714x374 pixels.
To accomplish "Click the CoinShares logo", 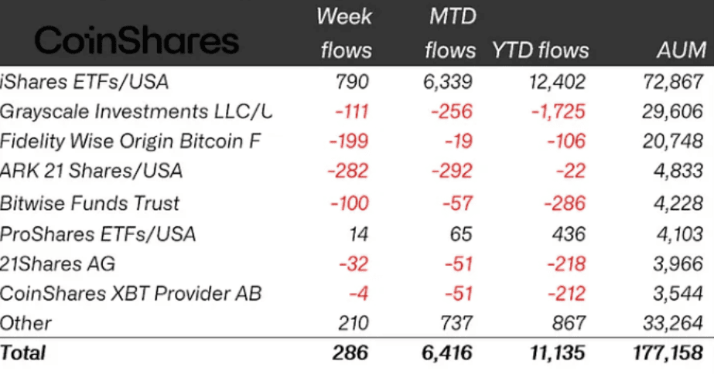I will [x=137, y=39].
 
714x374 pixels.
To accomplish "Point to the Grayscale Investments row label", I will [x=136, y=111].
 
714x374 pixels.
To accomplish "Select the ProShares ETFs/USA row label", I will [x=97, y=233].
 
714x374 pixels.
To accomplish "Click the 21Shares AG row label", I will [x=58, y=263].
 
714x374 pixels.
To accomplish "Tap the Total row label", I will [x=23, y=353].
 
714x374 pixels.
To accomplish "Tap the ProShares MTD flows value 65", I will [x=461, y=233].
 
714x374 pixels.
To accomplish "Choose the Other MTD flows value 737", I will [x=455, y=323].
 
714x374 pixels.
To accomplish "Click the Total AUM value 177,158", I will [x=668, y=353].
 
